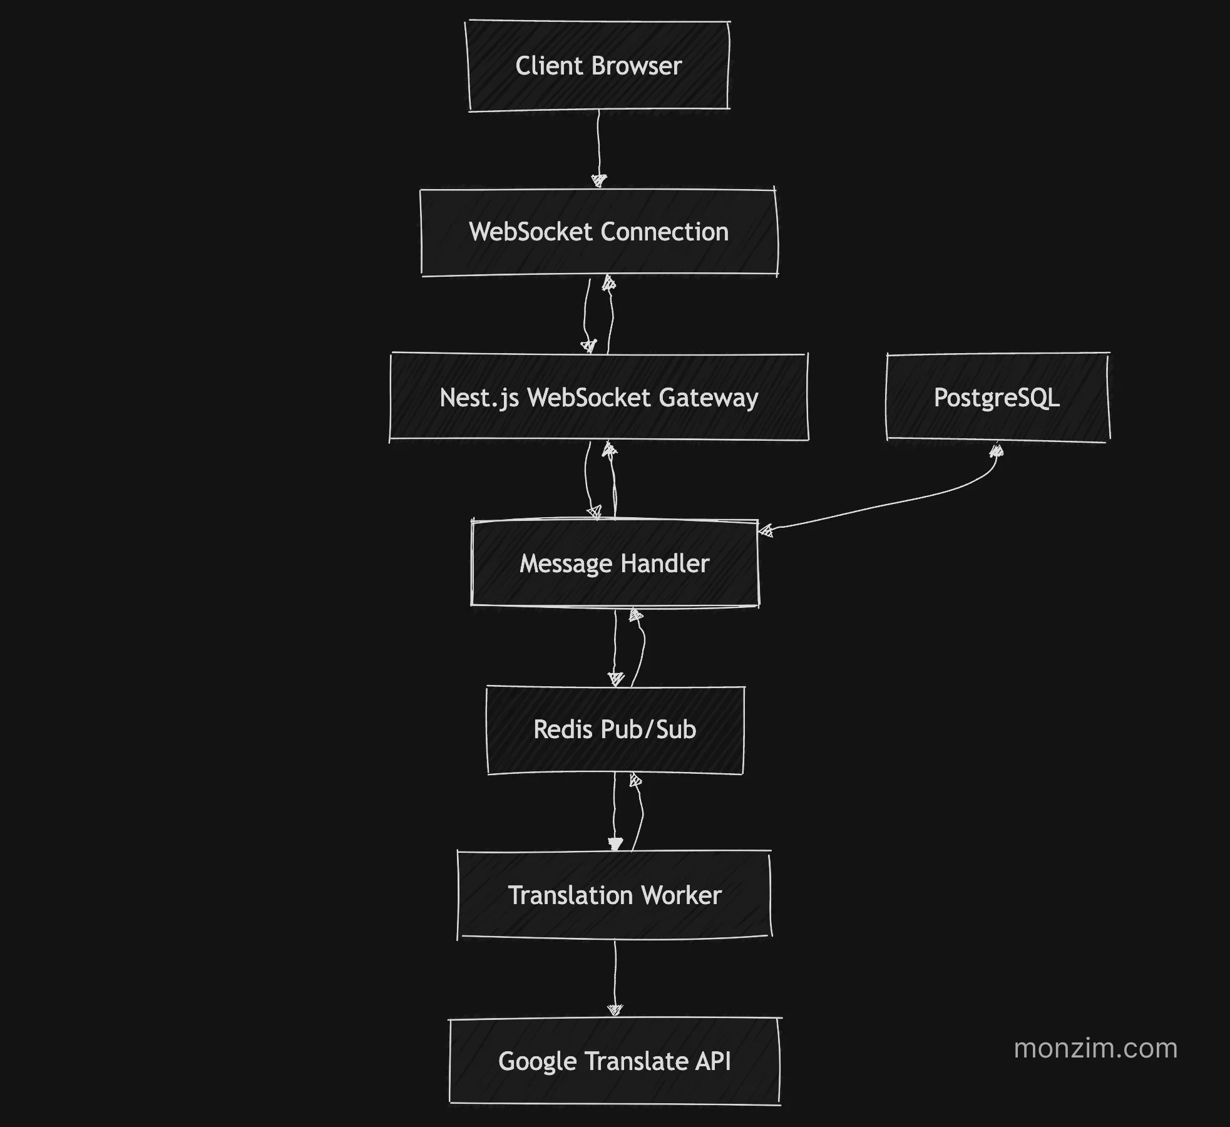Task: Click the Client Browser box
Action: pyautogui.click(x=598, y=66)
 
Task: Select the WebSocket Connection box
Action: pyautogui.click(x=599, y=232)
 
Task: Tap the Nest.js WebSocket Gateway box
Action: pyautogui.click(x=599, y=398)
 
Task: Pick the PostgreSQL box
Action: pyautogui.click(x=997, y=398)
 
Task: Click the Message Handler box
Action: pyautogui.click(x=615, y=563)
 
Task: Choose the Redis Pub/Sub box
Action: pyautogui.click(x=615, y=729)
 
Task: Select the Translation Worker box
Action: pyautogui.click(x=615, y=895)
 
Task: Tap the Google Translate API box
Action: pyautogui.click(x=615, y=1061)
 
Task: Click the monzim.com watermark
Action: pyautogui.click(x=1095, y=1048)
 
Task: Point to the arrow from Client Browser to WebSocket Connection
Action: pyautogui.click(x=598, y=147)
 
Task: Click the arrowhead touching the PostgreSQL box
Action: pyautogui.click(x=997, y=450)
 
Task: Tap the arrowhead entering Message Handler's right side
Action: pyautogui.click(x=766, y=532)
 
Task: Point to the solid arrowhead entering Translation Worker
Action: pyautogui.click(x=615, y=845)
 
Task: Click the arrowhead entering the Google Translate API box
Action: pyautogui.click(x=615, y=1010)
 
